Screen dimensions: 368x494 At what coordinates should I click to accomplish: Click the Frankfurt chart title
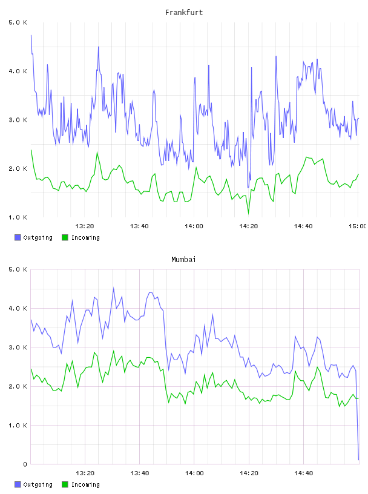pyautogui.click(x=184, y=13)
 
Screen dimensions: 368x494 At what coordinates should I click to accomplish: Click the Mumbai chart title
pyautogui.click(x=183, y=260)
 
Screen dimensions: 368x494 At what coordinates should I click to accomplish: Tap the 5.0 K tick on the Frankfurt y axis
pyautogui.click(x=18, y=22)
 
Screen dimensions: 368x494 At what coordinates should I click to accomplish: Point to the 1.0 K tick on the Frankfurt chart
pyautogui.click(x=18, y=217)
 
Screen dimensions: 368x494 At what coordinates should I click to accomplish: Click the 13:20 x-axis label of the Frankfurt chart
pyautogui.click(x=85, y=226)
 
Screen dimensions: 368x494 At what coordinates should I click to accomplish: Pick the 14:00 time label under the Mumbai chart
pyautogui.click(x=194, y=473)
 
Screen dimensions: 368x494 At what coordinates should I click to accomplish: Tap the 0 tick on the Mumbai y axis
pyautogui.click(x=25, y=464)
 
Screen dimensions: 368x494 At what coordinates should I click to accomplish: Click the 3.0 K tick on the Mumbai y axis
pyautogui.click(x=18, y=347)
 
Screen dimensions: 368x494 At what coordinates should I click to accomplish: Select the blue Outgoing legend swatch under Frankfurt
pyautogui.click(x=18, y=237)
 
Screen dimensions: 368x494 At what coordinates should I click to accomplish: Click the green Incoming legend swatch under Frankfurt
pyautogui.click(x=65, y=237)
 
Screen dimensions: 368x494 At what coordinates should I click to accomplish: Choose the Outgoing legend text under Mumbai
pyautogui.click(x=38, y=484)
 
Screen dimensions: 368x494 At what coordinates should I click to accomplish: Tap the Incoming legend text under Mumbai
pyautogui.click(x=85, y=484)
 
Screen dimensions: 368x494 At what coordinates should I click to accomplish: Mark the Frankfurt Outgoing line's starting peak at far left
pyautogui.click(x=31, y=35)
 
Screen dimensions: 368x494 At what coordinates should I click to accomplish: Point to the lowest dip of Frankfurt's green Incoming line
pyautogui.click(x=248, y=214)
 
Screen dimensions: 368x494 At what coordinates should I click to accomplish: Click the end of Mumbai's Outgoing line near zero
pyautogui.click(x=358, y=459)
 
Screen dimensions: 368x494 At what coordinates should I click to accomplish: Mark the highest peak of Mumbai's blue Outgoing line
pyautogui.click(x=113, y=288)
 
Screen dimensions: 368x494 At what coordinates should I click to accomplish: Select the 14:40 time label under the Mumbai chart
pyautogui.click(x=303, y=473)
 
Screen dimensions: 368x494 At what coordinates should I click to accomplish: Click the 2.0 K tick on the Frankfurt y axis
pyautogui.click(x=18, y=168)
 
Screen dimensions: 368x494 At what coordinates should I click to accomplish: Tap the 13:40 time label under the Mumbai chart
pyautogui.click(x=140, y=473)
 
